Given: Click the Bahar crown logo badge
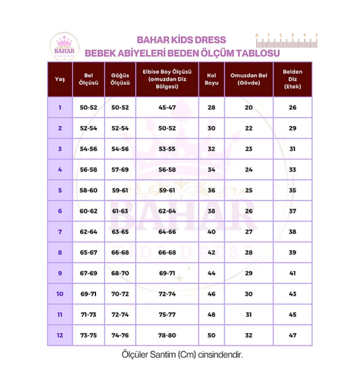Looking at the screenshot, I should pos(64,46).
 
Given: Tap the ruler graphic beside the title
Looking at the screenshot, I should pos(287,41).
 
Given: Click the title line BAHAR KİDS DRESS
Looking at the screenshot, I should pos(182,40).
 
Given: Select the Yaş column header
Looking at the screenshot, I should pos(60,79).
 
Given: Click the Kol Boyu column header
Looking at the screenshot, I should pos(211,79).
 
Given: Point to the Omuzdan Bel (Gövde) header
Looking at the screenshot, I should pos(249,79).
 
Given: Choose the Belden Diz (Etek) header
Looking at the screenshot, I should pos(292,79).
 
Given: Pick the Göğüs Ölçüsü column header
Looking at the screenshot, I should pos(120,79).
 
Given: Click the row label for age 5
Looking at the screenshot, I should pos(60,190).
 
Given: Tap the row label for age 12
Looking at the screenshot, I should pos(60,335).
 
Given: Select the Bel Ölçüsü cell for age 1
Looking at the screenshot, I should pos(89,108).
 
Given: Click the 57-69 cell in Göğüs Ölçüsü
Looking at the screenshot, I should pos(120,170).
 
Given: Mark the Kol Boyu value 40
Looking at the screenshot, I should pos(211,232).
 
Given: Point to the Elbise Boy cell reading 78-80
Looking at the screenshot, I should pos(167,335).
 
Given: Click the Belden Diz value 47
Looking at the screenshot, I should pos(292,335).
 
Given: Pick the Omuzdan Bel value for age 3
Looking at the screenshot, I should pos(249,149).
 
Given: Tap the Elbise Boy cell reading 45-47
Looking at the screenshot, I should pos(167,108).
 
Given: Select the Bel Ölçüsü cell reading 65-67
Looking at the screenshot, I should pos(89,253).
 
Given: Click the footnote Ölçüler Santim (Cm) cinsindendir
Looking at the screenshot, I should pos(182,355).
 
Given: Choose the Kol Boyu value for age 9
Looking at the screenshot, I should pos(211,273).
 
